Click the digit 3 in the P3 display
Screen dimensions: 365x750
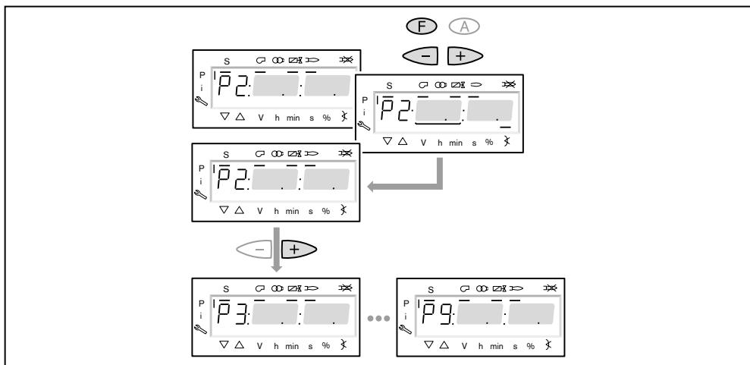pyautogui.click(x=239, y=312)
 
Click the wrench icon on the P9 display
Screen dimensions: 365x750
pyautogui.click(x=403, y=329)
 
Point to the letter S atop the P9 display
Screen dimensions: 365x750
pyautogui.click(x=430, y=289)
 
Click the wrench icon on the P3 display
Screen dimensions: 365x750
pyautogui.click(x=199, y=329)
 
